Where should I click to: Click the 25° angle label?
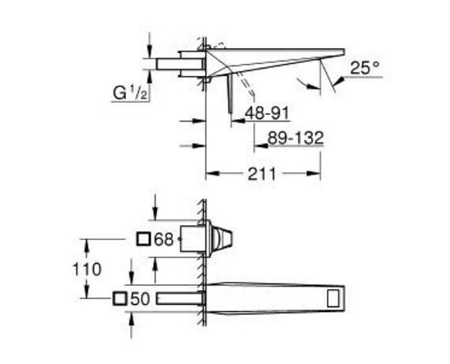(x=366, y=69)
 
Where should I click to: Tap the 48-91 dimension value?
(x=266, y=114)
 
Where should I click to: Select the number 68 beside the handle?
(x=163, y=239)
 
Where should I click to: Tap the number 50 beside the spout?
(x=140, y=298)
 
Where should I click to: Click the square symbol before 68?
(x=144, y=239)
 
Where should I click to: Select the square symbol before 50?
(x=120, y=298)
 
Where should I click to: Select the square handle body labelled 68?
(x=195, y=238)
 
